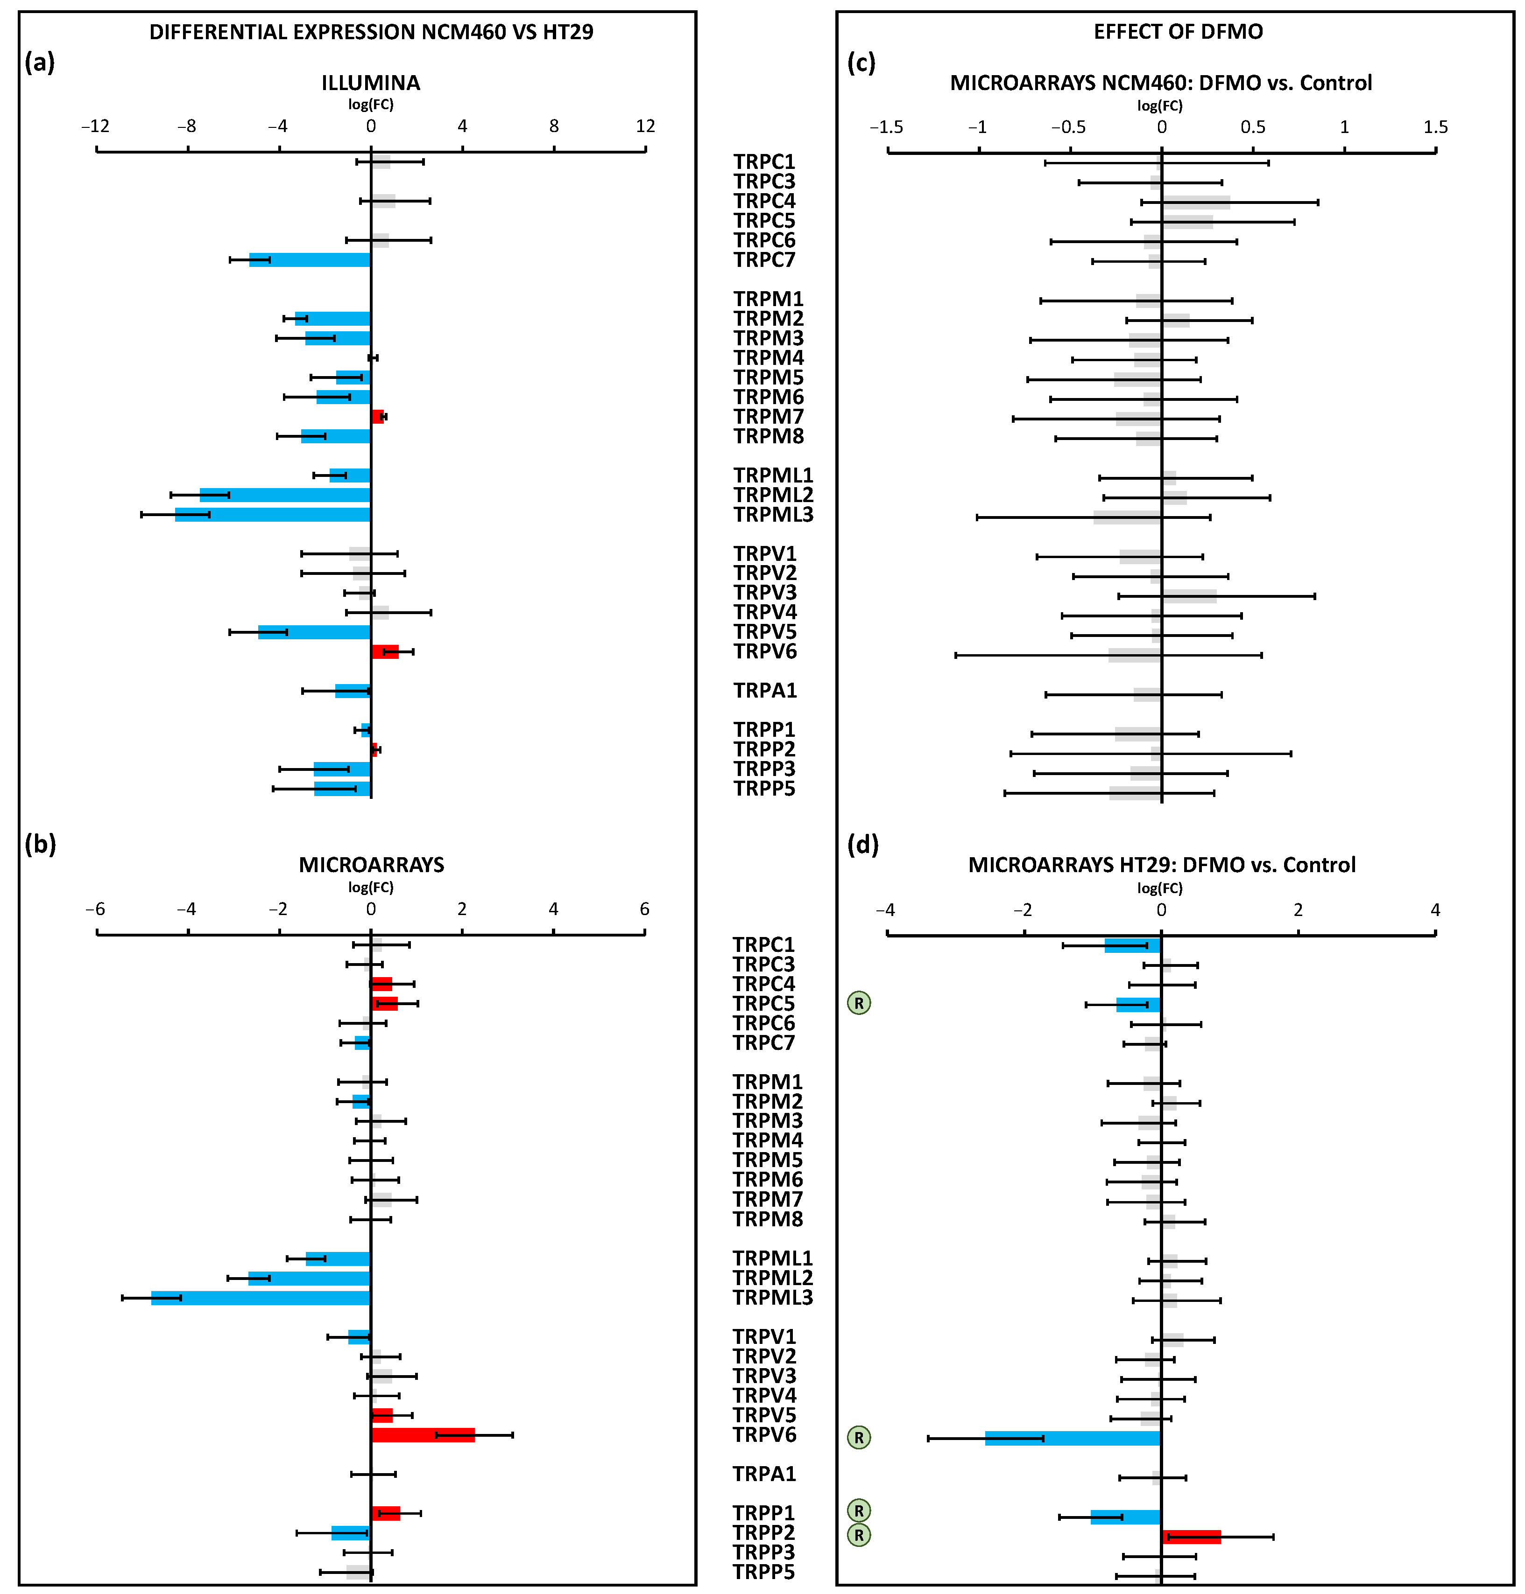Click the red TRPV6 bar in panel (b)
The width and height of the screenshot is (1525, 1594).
[422, 1435]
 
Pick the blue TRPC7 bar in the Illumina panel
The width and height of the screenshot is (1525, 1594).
[310, 260]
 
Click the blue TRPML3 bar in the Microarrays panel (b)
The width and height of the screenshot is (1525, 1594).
[260, 1298]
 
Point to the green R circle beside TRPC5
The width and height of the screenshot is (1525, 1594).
[858, 1003]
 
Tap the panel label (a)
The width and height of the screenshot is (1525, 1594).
[40, 62]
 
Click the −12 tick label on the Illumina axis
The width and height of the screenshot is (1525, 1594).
[95, 126]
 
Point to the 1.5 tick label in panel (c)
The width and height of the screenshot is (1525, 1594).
[1435, 127]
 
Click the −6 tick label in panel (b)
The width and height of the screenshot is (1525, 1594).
[95, 909]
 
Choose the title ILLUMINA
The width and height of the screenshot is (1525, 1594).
[371, 83]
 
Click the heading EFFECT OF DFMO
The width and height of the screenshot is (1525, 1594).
[1178, 32]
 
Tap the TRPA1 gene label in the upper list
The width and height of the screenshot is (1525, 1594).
[765, 691]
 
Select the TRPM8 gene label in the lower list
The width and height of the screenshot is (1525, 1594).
[767, 1219]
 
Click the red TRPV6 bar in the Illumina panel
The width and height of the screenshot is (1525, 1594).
[384, 651]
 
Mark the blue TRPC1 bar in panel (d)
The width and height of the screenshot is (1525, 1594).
[1132, 945]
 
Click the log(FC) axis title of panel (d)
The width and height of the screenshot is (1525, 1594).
[1160, 888]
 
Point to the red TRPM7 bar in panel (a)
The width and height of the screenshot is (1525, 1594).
[377, 417]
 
